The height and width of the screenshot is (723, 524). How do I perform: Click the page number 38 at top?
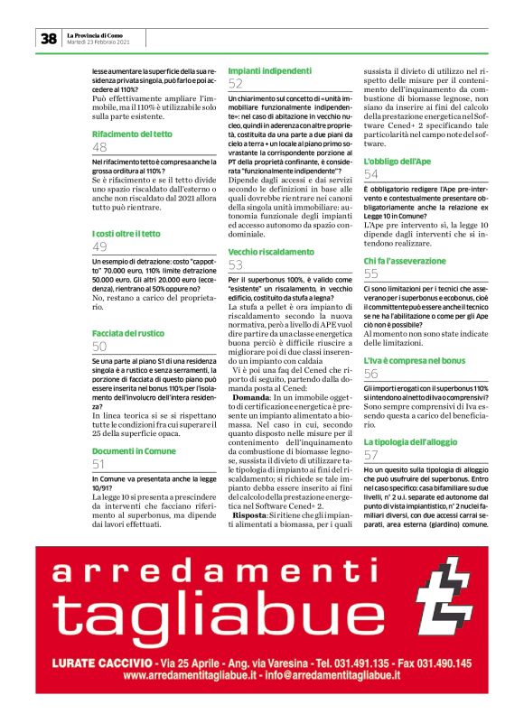(48, 39)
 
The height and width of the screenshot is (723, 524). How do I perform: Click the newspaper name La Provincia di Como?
(100, 34)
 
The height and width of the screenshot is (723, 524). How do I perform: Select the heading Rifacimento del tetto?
(132, 134)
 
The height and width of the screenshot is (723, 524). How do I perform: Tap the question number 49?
(100, 247)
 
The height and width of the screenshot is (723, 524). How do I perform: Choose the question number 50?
(100, 347)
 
